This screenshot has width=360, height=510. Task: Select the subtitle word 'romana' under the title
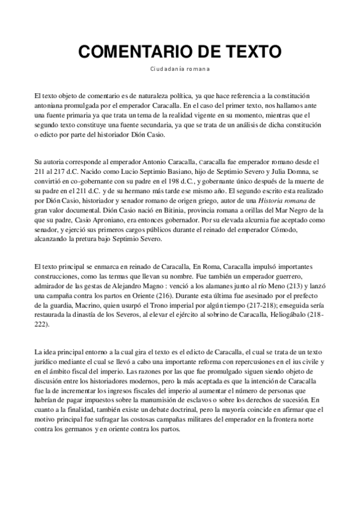click(x=197, y=69)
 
